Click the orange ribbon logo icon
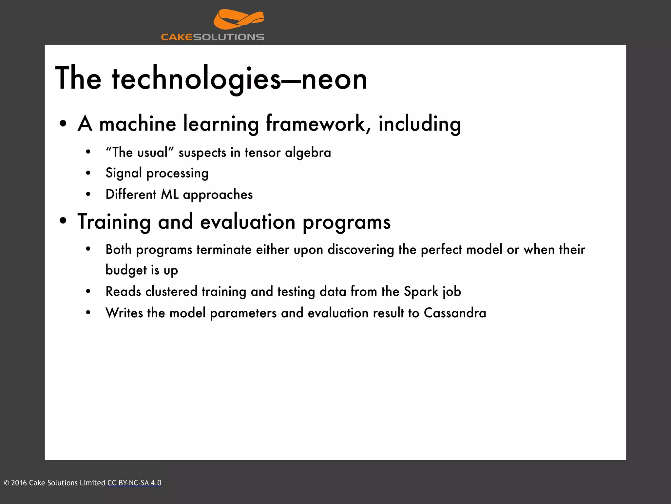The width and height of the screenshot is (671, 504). click(x=239, y=20)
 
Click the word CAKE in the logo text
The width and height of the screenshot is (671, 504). click(x=177, y=37)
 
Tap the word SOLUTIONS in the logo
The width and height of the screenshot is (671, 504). click(x=228, y=37)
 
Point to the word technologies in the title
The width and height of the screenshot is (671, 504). click(x=197, y=79)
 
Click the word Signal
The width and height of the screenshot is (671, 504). click(x=124, y=173)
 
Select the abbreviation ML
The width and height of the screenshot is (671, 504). click(x=170, y=195)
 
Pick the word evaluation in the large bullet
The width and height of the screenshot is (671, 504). click(x=248, y=222)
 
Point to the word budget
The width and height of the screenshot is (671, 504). click(x=126, y=270)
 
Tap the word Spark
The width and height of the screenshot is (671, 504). click(x=421, y=292)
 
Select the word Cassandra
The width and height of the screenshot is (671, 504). click(x=455, y=313)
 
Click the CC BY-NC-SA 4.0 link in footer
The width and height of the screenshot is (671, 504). click(x=134, y=483)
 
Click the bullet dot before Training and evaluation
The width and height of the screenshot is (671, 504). click(x=63, y=221)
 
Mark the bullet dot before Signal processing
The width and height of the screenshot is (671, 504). click(x=88, y=173)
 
